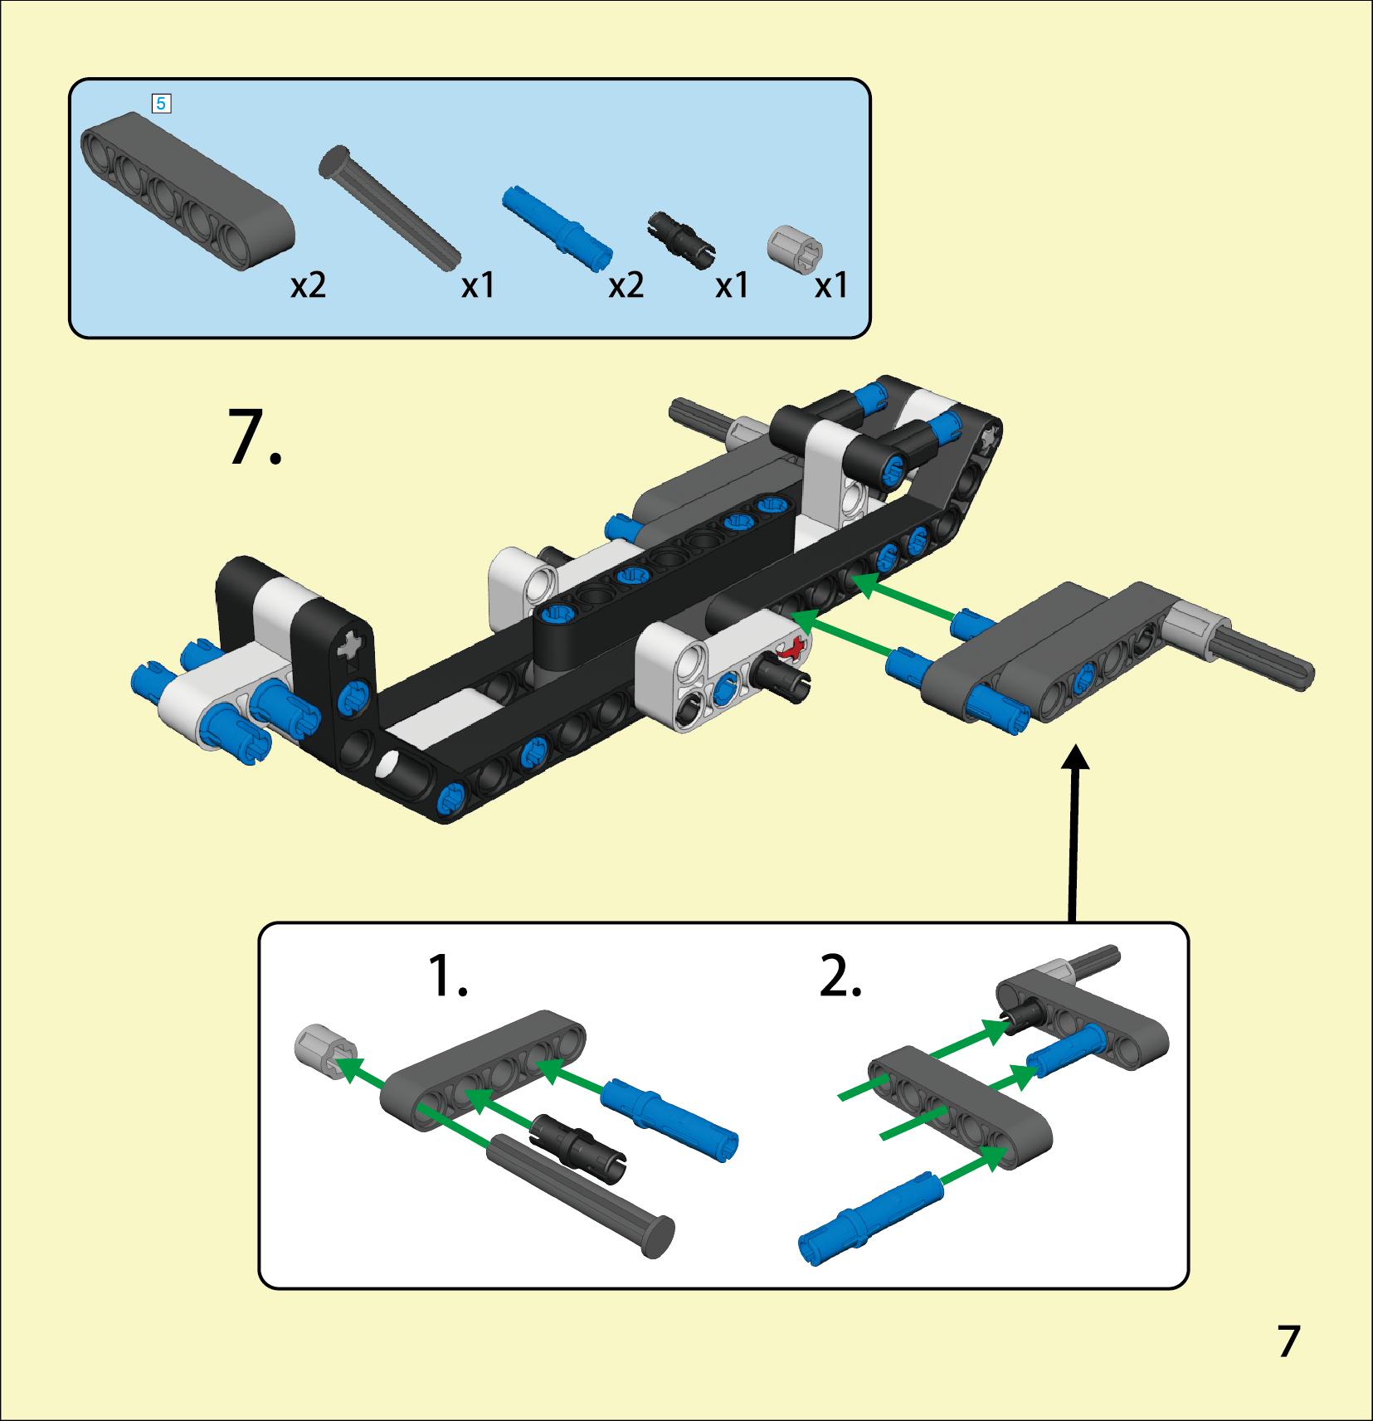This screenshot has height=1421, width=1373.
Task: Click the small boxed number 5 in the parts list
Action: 161,104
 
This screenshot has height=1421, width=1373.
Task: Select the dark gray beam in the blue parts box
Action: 187,192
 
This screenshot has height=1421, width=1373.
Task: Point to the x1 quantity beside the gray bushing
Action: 830,285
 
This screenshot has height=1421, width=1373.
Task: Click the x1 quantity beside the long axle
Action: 478,285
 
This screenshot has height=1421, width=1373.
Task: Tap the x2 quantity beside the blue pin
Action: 626,285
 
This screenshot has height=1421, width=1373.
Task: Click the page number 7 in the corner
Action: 1288,1341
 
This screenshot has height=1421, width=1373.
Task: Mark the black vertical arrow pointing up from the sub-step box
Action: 1075,833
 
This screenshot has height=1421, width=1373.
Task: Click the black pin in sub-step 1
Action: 578,1148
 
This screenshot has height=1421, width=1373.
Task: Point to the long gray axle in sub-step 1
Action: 581,1195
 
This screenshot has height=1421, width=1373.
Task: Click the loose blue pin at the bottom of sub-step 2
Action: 870,1219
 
